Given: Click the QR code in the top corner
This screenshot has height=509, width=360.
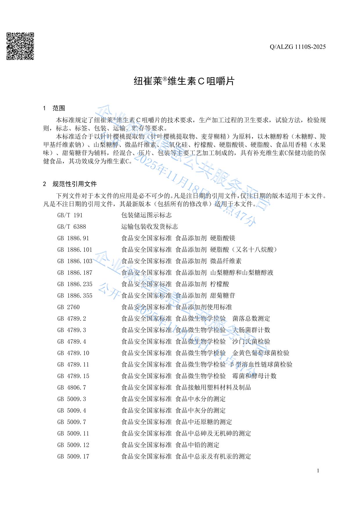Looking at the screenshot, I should pos(20,46).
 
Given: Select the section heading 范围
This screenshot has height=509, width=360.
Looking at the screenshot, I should pos(59,109).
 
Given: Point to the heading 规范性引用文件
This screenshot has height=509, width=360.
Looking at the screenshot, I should pos(75,184).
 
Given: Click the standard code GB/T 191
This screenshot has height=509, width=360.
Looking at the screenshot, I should pos(70,215).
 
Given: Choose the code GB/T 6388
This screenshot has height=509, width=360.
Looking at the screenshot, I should pos(72,227).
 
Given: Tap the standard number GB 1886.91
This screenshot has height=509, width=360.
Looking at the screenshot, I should pos(73,238).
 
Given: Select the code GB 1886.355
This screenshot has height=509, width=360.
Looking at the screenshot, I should pos(75,296).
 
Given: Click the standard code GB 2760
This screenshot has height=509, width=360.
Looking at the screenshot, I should pos(69,307).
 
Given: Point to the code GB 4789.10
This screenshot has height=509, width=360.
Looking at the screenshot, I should pos(73,353).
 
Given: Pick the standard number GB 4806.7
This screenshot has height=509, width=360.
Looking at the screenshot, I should pos(72,388).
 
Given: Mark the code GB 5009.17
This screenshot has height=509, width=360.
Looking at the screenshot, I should pos(73,456).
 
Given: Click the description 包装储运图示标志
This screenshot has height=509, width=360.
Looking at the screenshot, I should pos(146,215).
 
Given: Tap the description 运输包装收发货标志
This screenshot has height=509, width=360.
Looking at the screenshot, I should pos(150,227).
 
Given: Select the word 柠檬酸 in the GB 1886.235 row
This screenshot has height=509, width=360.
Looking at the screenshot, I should pos(220,284).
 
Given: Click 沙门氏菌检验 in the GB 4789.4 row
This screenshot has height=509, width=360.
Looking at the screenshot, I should pos(251,342).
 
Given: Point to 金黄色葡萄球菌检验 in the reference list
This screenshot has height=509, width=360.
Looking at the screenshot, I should pos(261,353).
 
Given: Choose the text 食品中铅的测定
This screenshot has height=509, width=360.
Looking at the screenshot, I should pos(197,445).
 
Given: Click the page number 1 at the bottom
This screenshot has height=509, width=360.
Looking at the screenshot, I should pos(318,471).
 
